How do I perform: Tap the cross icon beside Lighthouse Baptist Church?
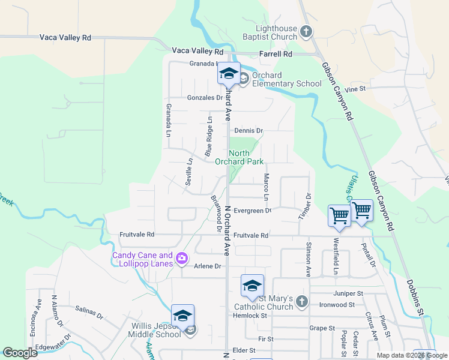pyautogui.click(x=306, y=31)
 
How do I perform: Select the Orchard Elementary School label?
pyautogui.click(x=286, y=80)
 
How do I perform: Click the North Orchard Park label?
pyautogui.click(x=246, y=157)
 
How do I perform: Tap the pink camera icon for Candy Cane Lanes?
pyautogui.click(x=182, y=259)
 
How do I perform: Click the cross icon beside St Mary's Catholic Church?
pyautogui.click(x=301, y=301)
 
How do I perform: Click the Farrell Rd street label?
pyautogui.click(x=276, y=54)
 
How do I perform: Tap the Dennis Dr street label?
pyautogui.click(x=249, y=130)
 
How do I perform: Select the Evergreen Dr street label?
pyautogui.click(x=253, y=211)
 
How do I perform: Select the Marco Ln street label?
pyautogui.click(x=266, y=187)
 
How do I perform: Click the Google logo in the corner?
pyautogui.click(x=20, y=353)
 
